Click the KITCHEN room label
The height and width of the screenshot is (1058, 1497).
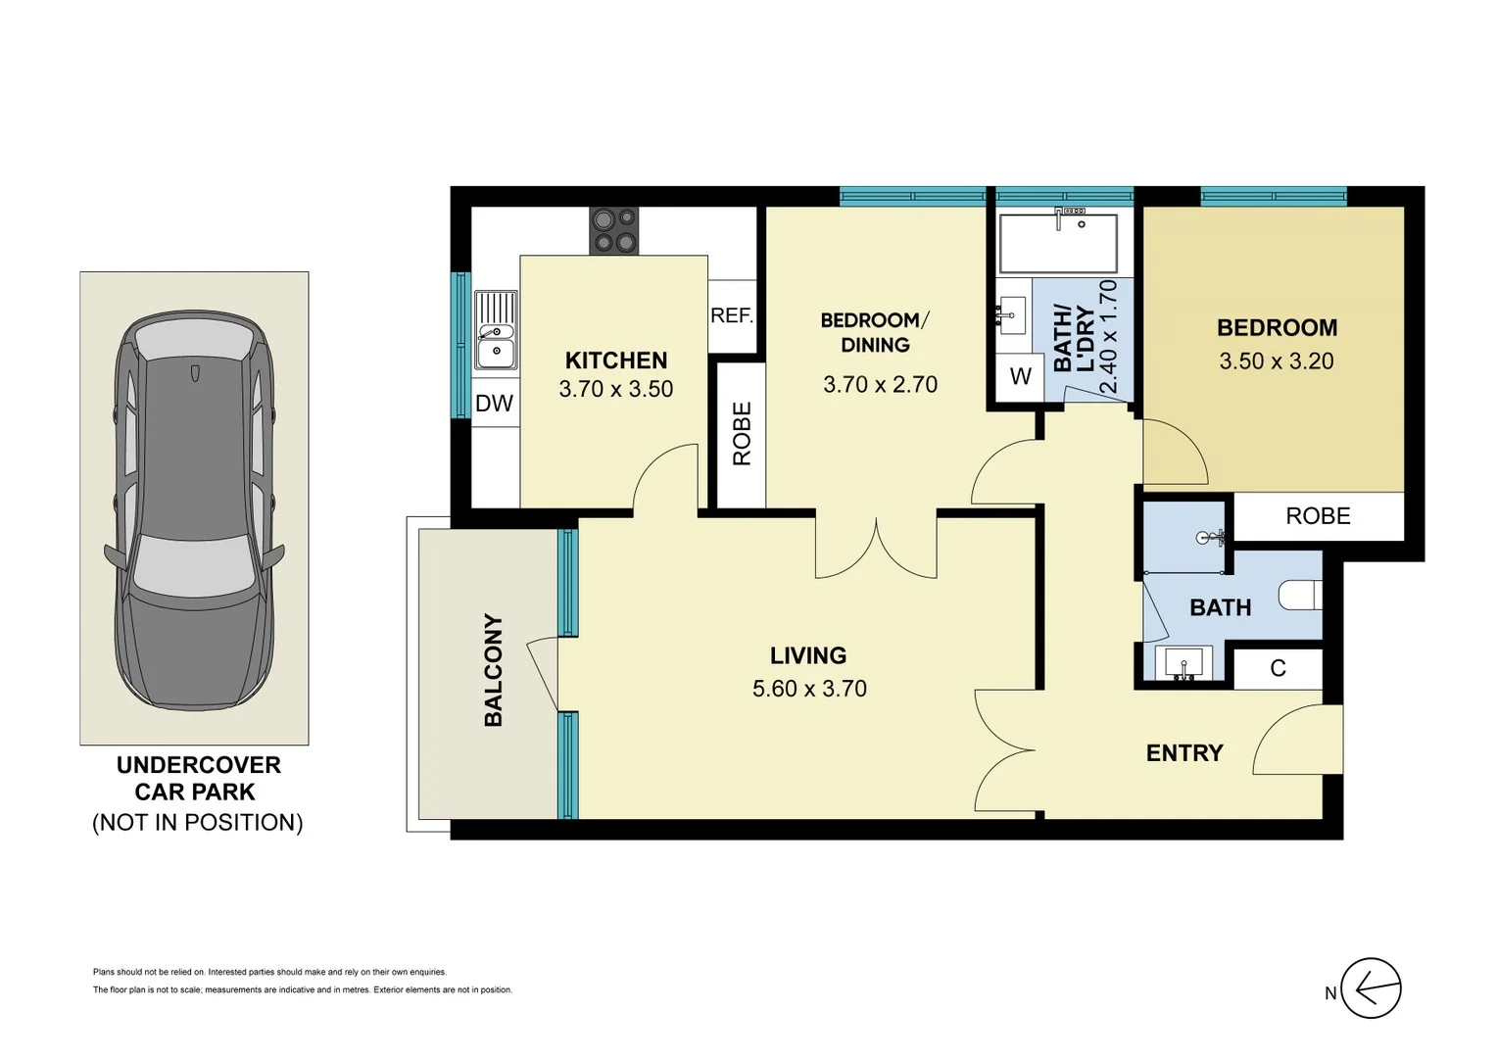(615, 361)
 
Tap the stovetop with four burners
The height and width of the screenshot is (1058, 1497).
(613, 230)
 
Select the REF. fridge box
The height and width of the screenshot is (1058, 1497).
(732, 316)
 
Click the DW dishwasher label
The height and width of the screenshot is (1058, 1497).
(494, 404)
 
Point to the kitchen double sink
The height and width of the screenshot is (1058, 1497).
(497, 332)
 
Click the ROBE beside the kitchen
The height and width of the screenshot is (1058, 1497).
(742, 434)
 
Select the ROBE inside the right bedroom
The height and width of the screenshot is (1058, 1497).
(1318, 516)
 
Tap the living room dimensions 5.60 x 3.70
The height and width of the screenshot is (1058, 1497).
(809, 689)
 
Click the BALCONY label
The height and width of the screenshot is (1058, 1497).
(493, 671)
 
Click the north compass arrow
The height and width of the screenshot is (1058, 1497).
(1371, 988)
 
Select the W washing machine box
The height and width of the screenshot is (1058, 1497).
(1020, 376)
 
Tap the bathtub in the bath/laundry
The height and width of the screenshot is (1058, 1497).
(1058, 244)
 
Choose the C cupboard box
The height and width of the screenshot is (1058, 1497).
(1278, 668)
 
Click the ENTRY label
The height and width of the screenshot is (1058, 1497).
(1184, 753)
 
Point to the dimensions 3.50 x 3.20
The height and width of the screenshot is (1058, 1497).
(1276, 361)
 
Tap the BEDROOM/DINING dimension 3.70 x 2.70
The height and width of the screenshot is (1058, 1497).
(880, 385)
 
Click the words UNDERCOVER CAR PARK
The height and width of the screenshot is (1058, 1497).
(199, 779)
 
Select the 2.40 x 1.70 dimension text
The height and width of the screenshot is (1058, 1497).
(1108, 337)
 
